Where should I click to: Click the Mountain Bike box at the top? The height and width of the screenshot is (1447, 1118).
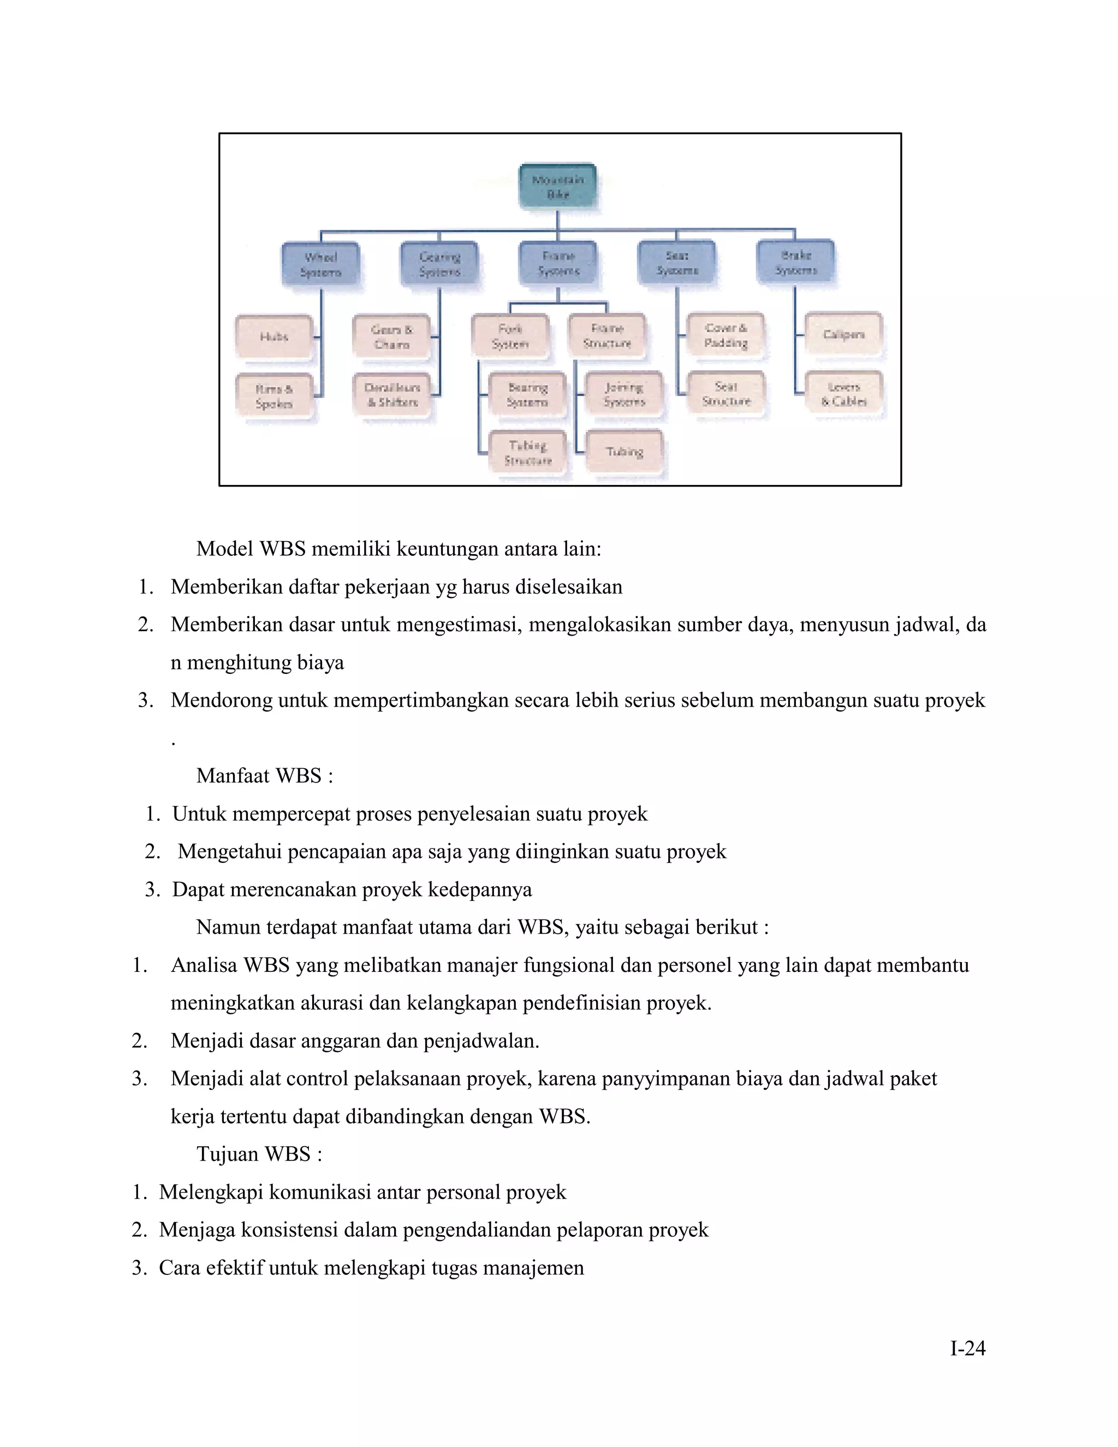click(x=558, y=187)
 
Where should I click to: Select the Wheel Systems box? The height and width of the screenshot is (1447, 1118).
click(x=320, y=264)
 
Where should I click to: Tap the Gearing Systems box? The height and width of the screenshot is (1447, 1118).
click(x=439, y=264)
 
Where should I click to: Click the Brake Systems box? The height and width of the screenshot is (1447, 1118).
click(x=795, y=262)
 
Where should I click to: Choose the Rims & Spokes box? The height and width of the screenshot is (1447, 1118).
click(x=274, y=396)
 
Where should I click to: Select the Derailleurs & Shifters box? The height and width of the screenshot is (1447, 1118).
click(x=393, y=395)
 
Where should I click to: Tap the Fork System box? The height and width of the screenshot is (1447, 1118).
click(x=510, y=336)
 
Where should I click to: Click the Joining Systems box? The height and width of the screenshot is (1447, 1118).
click(x=624, y=395)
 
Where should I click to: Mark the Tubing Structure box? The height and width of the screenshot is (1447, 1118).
click(x=528, y=453)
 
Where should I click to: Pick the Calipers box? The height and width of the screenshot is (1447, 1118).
click(x=844, y=335)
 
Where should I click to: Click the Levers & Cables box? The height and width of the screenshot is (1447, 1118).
click(x=844, y=394)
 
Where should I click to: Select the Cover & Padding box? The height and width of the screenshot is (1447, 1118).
click(x=726, y=335)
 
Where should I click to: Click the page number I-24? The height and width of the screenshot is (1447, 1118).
click(x=968, y=1348)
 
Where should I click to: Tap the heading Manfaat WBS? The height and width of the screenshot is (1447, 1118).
click(x=264, y=775)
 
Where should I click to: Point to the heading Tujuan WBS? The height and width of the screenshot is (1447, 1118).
click(x=259, y=1153)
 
